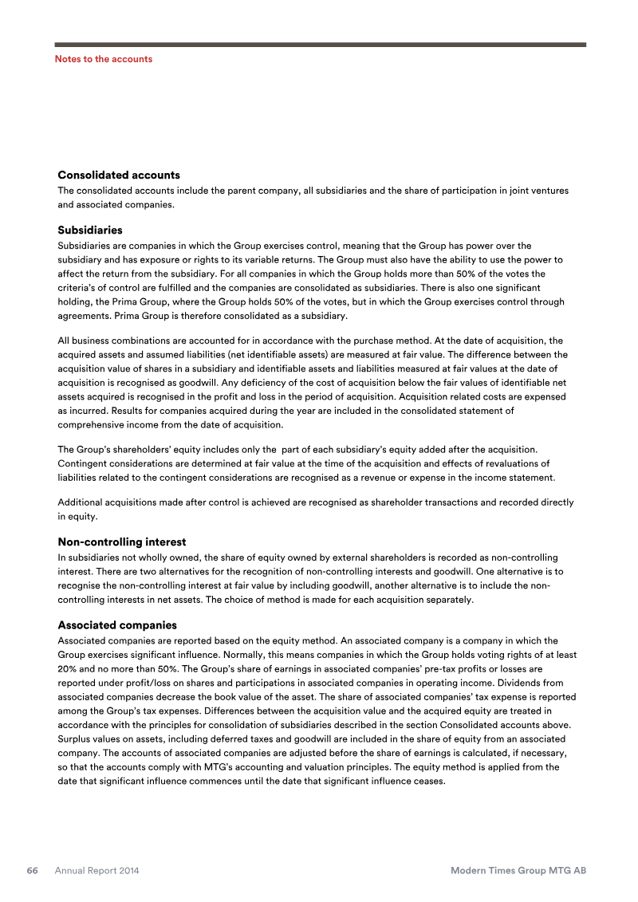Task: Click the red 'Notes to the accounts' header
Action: [x=104, y=59]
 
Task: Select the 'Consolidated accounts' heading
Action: [x=119, y=175]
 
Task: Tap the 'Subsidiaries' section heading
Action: [x=90, y=230]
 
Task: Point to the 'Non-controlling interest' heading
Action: [x=122, y=542]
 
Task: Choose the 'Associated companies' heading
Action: [x=117, y=624]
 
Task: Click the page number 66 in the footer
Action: [x=33, y=871]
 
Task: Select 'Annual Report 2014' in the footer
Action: [x=96, y=871]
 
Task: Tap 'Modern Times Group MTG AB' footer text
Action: [x=518, y=871]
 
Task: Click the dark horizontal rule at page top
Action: [x=320, y=45]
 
